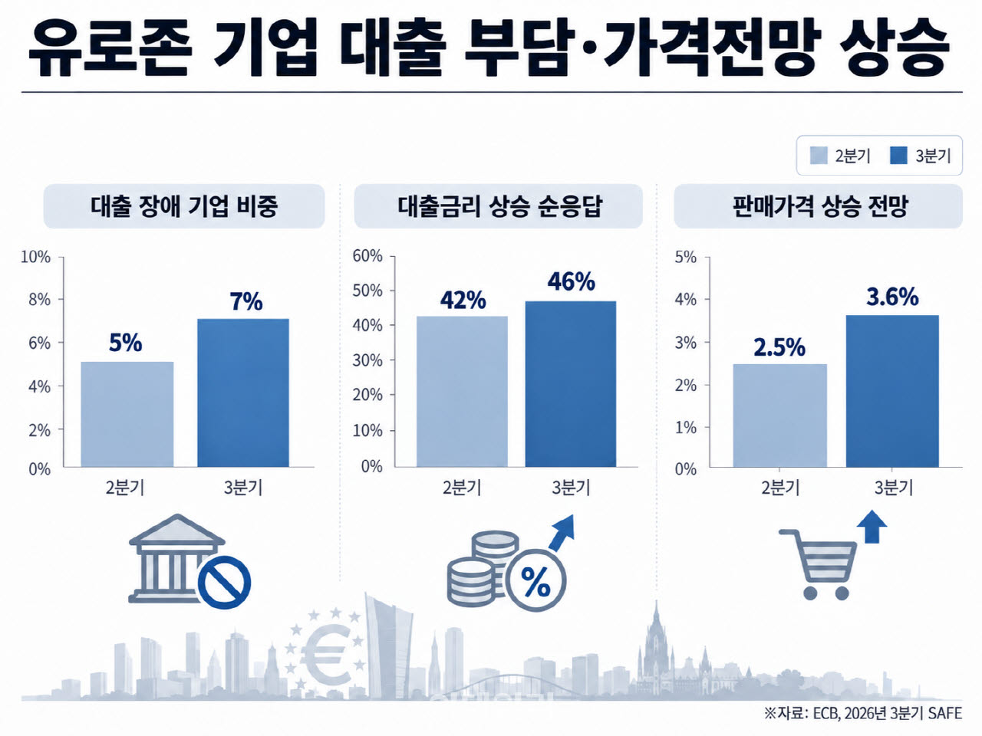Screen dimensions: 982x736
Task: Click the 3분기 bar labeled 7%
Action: (243, 393)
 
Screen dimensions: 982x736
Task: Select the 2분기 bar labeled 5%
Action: (127, 414)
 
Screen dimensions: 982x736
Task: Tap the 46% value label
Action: (572, 281)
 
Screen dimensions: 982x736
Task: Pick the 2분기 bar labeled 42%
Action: (462, 392)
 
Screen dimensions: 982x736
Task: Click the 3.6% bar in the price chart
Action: (892, 391)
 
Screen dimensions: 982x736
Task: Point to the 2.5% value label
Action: (779, 347)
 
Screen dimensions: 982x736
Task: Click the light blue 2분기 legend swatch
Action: (819, 156)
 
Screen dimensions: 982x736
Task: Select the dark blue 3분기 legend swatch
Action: (898, 156)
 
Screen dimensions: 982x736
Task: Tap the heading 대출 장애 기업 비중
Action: (184, 206)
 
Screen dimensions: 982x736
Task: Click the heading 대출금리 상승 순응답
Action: (499, 206)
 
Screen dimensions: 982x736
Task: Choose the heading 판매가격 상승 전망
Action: (819, 206)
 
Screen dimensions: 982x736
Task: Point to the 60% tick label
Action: (367, 256)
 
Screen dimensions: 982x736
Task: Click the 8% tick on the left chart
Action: (39, 300)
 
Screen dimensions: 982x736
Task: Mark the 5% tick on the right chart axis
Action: (685, 257)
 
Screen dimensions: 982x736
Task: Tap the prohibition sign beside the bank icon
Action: (224, 582)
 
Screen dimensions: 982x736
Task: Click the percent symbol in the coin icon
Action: (535, 582)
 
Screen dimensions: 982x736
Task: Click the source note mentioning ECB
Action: (863, 713)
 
